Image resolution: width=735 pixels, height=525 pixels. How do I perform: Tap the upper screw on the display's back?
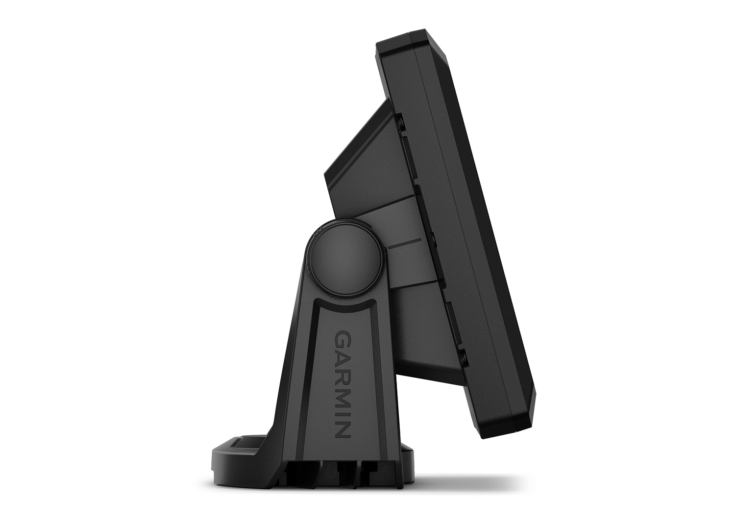click(401, 123)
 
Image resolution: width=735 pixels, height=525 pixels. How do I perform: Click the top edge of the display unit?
click(412, 37)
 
